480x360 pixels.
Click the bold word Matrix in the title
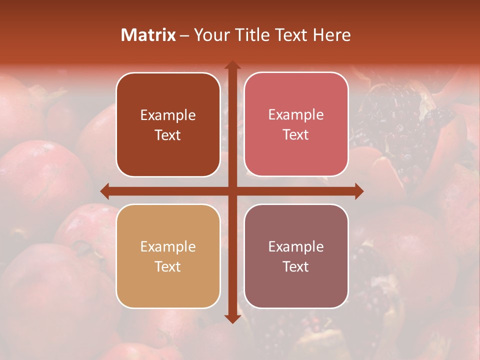[148, 35]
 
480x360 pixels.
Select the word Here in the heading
[332, 35]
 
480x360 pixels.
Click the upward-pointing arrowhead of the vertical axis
[232, 65]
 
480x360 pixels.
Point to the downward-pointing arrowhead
[232, 318]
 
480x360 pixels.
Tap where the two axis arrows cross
[232, 191]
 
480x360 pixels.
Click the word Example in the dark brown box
[168, 115]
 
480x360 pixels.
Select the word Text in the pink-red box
[296, 135]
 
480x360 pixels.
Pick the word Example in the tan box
[168, 247]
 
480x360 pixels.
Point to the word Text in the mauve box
[296, 266]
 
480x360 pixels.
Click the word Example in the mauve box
[296, 246]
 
